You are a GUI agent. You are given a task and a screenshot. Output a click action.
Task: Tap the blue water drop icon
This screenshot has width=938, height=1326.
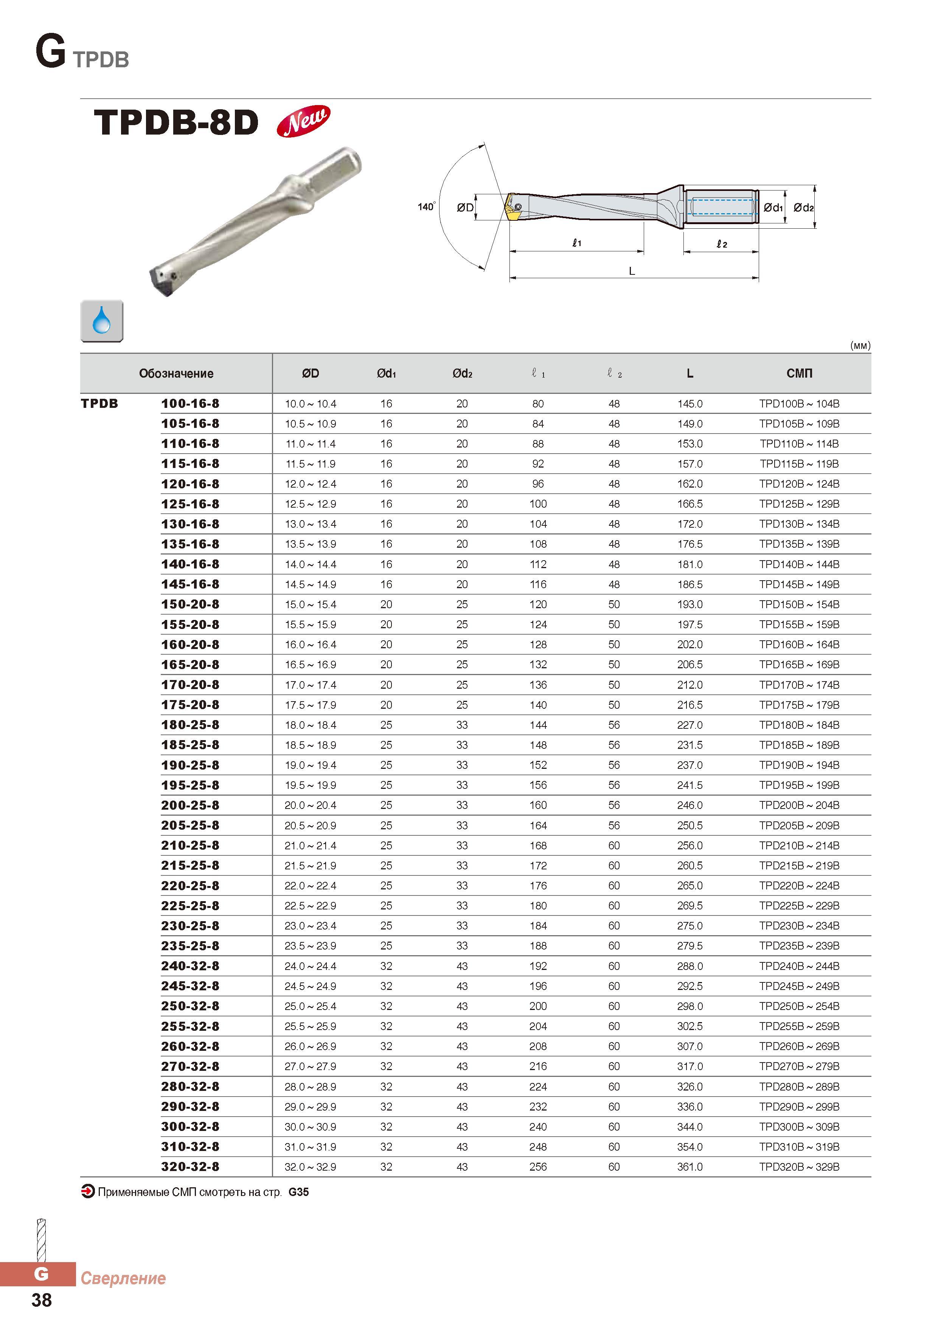pyautogui.click(x=102, y=321)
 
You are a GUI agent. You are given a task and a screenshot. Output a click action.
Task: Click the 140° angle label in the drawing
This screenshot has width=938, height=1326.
pyautogui.click(x=427, y=206)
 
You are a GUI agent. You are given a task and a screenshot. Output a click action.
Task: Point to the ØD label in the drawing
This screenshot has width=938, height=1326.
pyautogui.click(x=465, y=208)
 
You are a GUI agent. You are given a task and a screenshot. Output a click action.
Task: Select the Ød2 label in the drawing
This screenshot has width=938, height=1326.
pyautogui.click(x=803, y=208)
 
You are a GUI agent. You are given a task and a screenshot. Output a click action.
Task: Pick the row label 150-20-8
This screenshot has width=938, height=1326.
pyautogui.click(x=190, y=604)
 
